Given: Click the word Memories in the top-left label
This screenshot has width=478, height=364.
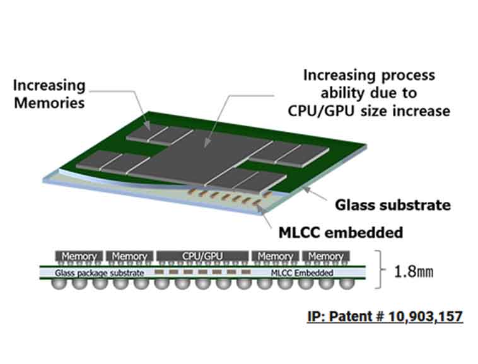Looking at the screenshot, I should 49,102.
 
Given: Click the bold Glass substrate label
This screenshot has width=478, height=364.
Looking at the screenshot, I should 393,206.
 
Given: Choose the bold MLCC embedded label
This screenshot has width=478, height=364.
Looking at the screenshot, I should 341,232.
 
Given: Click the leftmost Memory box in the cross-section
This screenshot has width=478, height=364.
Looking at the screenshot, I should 79,257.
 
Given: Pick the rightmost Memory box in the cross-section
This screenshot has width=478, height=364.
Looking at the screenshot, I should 326,257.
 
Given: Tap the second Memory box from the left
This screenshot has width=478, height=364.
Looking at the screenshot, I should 129,257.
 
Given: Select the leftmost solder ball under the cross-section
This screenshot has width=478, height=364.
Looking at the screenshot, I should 58,284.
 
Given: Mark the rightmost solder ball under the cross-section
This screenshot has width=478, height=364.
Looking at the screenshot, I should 345,284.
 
